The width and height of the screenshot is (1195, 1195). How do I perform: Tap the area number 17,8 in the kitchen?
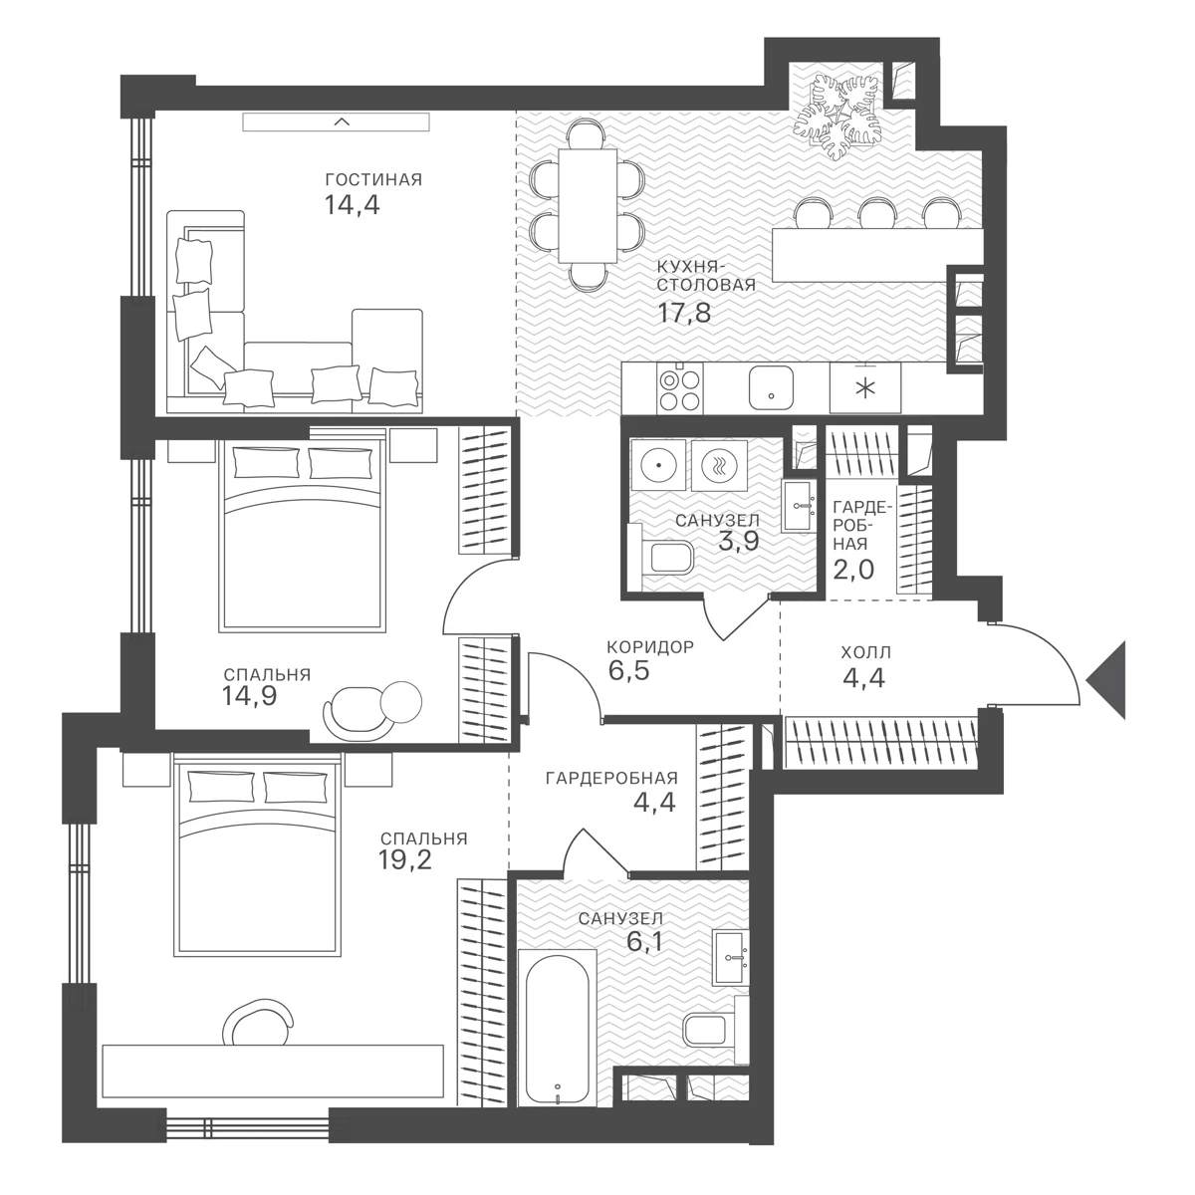683,313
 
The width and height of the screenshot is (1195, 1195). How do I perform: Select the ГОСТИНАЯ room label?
373,180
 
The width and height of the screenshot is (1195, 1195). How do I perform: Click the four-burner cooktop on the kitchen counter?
680,387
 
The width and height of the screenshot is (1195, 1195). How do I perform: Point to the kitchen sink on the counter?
771,387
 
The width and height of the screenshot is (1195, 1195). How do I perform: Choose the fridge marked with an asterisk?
865,387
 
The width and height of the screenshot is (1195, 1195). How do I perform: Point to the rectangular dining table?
588,206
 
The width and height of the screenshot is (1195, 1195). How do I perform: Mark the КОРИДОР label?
650,647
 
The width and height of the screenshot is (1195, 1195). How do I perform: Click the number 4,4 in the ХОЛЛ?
863,678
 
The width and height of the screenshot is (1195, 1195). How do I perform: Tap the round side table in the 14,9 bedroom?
400,702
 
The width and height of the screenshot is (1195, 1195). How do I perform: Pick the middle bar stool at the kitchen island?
877,214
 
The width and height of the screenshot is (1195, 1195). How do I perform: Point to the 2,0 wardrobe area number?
852,569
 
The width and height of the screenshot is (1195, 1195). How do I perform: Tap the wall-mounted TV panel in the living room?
336,121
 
